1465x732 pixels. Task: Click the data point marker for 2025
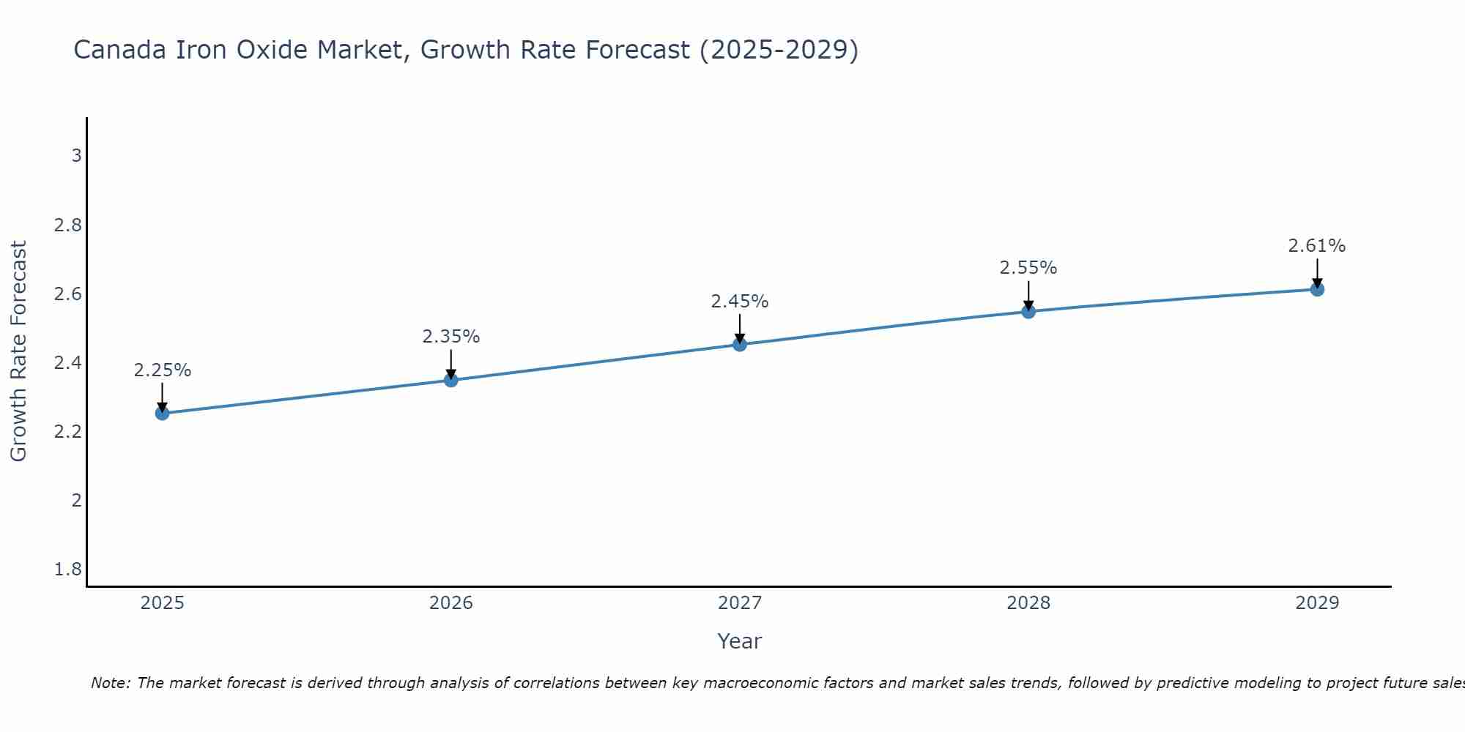click(163, 413)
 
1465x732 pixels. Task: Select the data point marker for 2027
click(740, 344)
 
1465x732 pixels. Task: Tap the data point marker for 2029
click(1317, 289)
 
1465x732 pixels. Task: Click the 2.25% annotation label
click(163, 370)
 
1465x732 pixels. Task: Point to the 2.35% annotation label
click(451, 337)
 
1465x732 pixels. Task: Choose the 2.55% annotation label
click(1028, 268)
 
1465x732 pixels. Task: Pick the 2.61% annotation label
click(1317, 246)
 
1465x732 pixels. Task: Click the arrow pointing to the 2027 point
click(740, 328)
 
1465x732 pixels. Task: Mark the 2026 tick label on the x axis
click(451, 603)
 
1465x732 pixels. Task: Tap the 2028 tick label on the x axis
click(1028, 603)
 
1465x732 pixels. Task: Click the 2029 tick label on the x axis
click(1317, 603)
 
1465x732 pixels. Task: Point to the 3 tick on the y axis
click(76, 156)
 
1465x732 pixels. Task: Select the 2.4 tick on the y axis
click(68, 363)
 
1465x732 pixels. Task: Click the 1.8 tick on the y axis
click(68, 569)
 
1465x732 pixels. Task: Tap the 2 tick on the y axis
click(76, 501)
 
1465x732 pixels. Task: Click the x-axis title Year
click(740, 641)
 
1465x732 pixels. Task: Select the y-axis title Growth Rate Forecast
click(19, 351)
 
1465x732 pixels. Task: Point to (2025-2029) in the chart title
click(779, 50)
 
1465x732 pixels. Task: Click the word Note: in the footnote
click(111, 683)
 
